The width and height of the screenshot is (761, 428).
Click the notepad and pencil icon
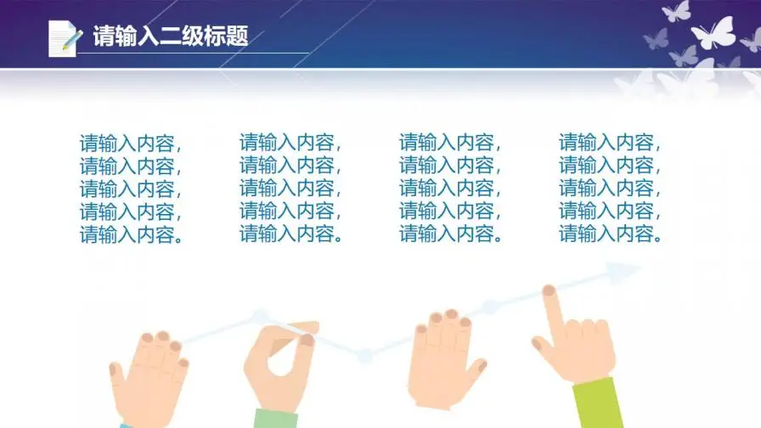pos(65,38)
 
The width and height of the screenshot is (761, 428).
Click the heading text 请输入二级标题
pos(170,37)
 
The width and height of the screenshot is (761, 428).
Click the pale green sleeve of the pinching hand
pos(276,418)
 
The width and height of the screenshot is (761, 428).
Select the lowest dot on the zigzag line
pos(364,357)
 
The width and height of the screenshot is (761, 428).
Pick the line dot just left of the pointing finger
pos(488,307)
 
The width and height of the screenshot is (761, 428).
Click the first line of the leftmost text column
pos(131,143)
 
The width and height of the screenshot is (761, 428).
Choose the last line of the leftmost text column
pos(132,235)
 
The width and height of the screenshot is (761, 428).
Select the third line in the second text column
pos(290,189)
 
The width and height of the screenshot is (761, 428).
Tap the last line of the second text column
pos(292,234)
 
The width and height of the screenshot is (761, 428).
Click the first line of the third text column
pos(450,143)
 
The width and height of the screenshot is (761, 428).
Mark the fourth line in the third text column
pos(450,211)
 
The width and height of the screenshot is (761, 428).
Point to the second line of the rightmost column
pos(610,166)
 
